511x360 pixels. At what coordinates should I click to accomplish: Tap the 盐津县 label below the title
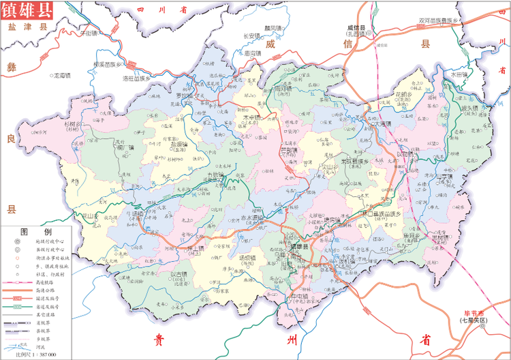click(22, 28)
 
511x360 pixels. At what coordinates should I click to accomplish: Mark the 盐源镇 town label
click(179, 145)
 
